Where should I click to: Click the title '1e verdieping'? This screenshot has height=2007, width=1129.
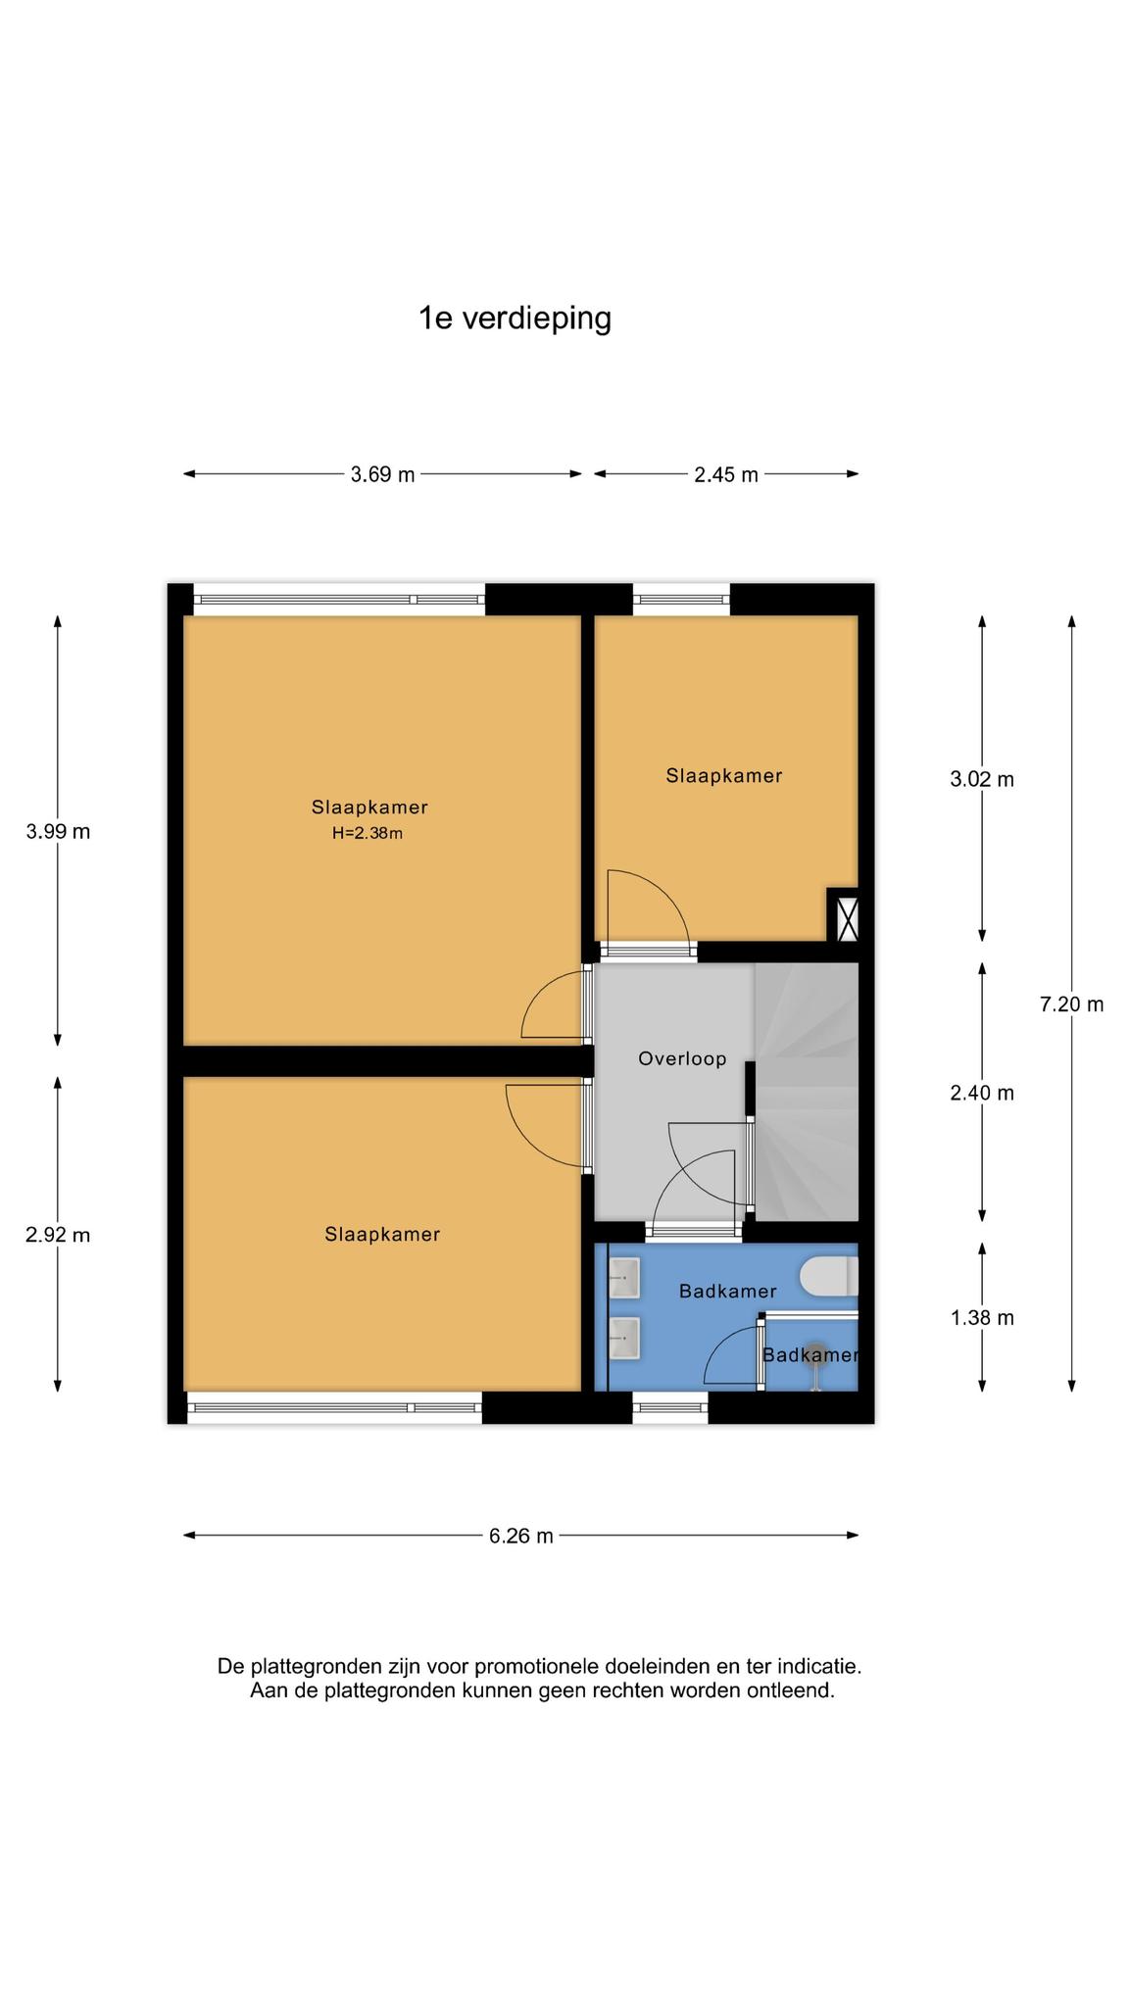click(515, 319)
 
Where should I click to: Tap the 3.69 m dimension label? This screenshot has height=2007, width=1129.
click(383, 475)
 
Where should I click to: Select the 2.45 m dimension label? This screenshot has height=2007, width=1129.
click(726, 475)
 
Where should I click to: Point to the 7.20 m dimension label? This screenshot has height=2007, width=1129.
click(1071, 1004)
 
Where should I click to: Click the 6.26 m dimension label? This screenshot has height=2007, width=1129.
click(521, 1536)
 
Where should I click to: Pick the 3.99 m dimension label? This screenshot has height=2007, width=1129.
click(58, 832)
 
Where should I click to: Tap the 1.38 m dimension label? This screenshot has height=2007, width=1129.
click(982, 1318)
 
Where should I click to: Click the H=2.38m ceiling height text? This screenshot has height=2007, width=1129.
click(368, 834)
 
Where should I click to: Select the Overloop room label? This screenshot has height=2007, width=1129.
click(682, 1058)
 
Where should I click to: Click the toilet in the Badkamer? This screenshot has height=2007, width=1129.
click(829, 1277)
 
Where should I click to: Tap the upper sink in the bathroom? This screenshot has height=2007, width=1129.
click(624, 1277)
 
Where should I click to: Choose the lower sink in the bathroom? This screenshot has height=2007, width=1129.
click(624, 1338)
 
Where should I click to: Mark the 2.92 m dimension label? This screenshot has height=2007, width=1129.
click(58, 1235)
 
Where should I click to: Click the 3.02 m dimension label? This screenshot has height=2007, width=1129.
click(982, 780)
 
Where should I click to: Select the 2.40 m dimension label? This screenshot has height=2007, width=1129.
click(982, 1093)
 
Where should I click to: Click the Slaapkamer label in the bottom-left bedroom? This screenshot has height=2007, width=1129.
click(382, 1235)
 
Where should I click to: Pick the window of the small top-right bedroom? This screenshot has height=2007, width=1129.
click(681, 599)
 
